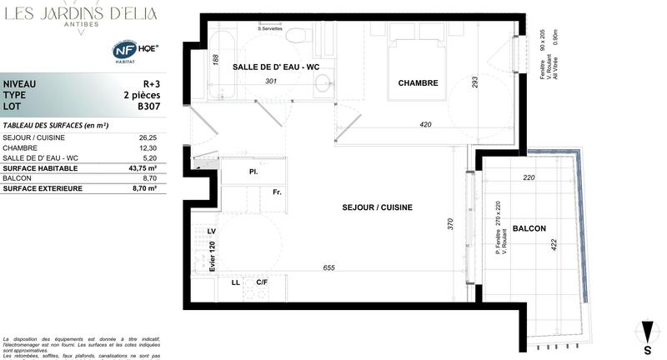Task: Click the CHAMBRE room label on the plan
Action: pyautogui.click(x=418, y=82)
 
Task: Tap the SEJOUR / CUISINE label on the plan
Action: pyautogui.click(x=377, y=207)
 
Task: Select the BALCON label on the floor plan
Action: pyautogui.click(x=529, y=227)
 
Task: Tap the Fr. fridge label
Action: pyautogui.click(x=277, y=192)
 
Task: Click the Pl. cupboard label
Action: pyautogui.click(x=252, y=171)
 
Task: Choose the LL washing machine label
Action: pyautogui.click(x=237, y=282)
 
